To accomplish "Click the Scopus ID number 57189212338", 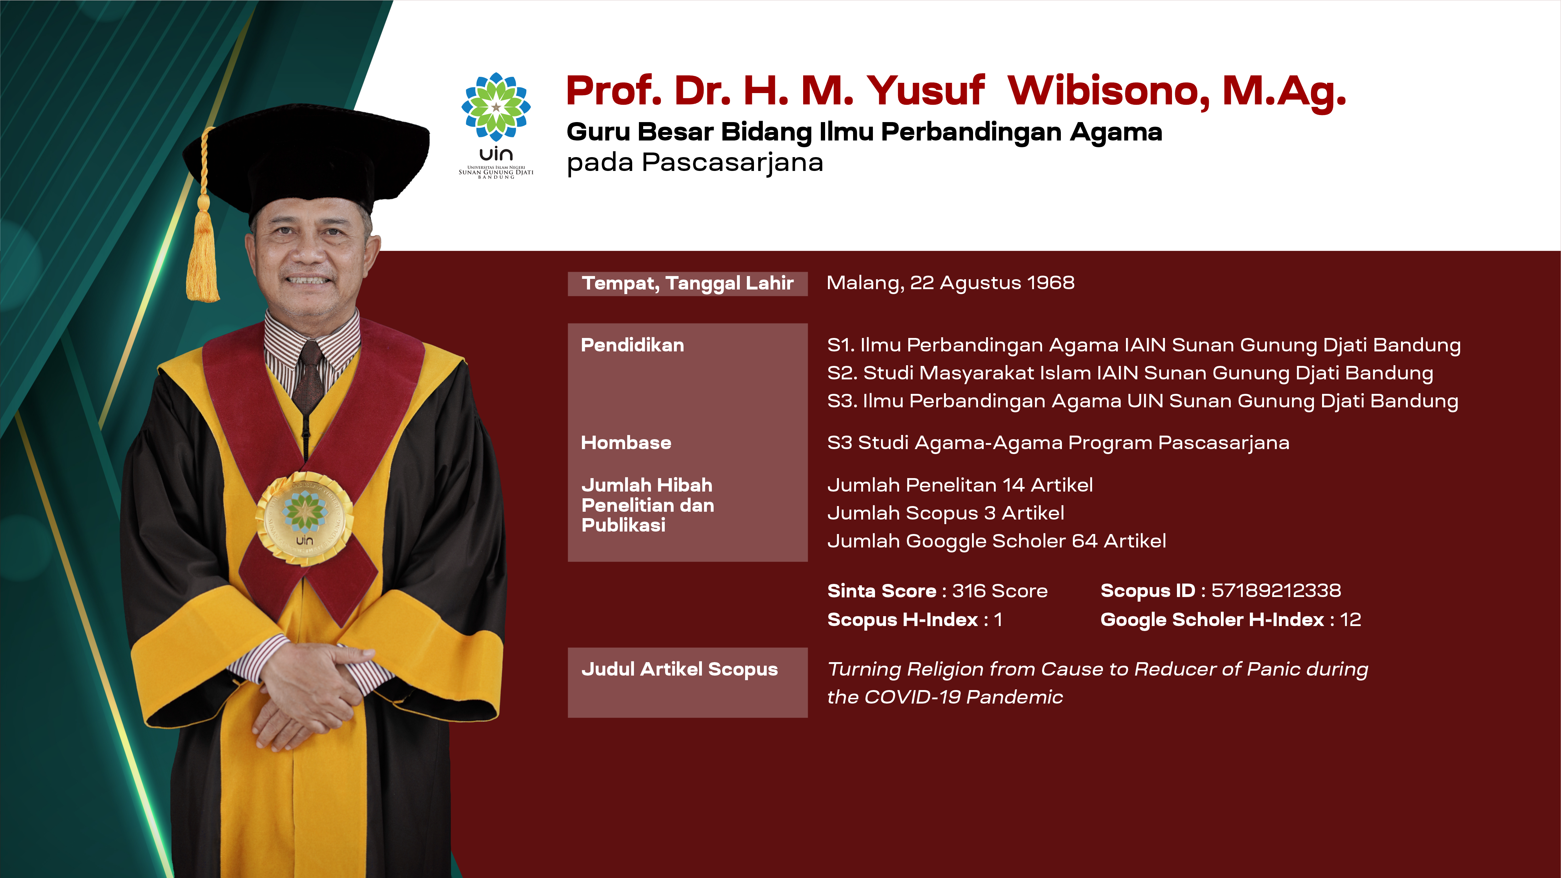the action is (1276, 590).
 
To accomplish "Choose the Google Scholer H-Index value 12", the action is (1350, 619).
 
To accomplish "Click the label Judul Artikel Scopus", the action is (679, 669).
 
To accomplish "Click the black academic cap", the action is (306, 161).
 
